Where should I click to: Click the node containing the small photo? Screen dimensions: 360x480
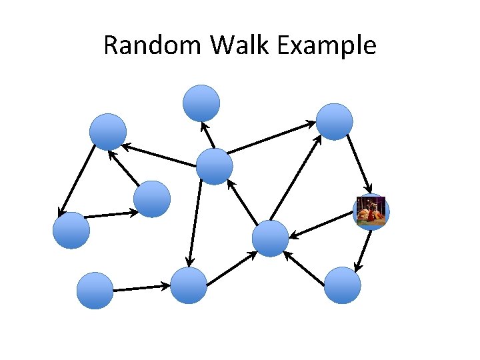[371, 212]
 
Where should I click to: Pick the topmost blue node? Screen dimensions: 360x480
[201, 103]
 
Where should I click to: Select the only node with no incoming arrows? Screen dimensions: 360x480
[95, 291]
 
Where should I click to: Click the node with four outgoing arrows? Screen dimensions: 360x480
[215, 166]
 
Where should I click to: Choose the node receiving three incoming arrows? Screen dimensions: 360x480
[271, 238]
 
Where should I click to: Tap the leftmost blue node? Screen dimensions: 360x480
[71, 230]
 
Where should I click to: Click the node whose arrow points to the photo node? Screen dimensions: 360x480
[334, 121]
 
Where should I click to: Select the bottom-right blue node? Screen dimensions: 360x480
[343, 285]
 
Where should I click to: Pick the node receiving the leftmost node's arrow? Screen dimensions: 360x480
[152, 199]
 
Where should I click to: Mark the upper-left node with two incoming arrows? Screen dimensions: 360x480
[108, 131]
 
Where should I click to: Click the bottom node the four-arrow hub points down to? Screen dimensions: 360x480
[189, 285]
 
